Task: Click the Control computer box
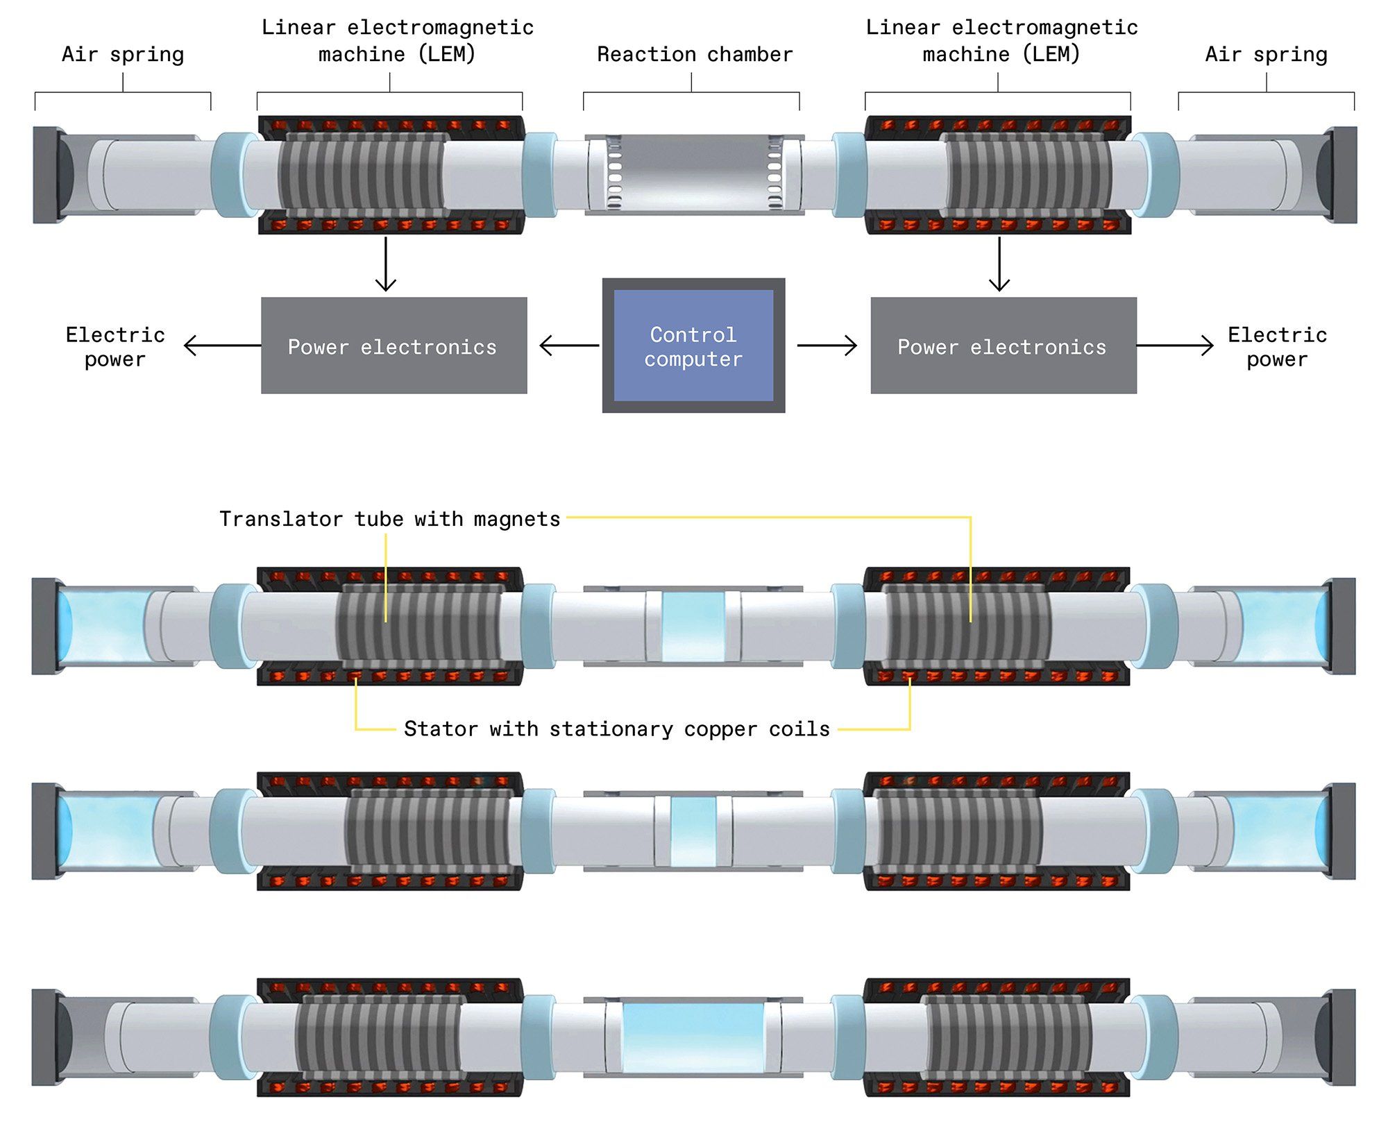[x=693, y=346]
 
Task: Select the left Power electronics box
[x=393, y=346]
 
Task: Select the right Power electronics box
[x=1003, y=346]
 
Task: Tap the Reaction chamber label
[x=695, y=54]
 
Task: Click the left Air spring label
[x=123, y=54]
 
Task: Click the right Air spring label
[x=1266, y=54]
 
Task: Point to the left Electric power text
[x=115, y=347]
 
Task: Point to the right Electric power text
[x=1277, y=347]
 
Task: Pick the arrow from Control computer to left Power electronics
[x=569, y=346]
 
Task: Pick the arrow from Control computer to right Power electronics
[x=827, y=346]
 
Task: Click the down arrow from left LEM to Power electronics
[x=386, y=264]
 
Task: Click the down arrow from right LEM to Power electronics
[x=999, y=264]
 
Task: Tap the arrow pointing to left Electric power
[x=222, y=346]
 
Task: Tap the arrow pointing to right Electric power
[x=1175, y=346]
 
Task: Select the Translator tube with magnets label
[x=389, y=519]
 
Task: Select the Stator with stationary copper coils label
[x=617, y=729]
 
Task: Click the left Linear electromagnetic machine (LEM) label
[x=397, y=40]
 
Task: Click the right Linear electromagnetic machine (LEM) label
[x=1001, y=40]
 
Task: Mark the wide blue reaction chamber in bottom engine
[x=693, y=1037]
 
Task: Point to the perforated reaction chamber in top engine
[x=694, y=173]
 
